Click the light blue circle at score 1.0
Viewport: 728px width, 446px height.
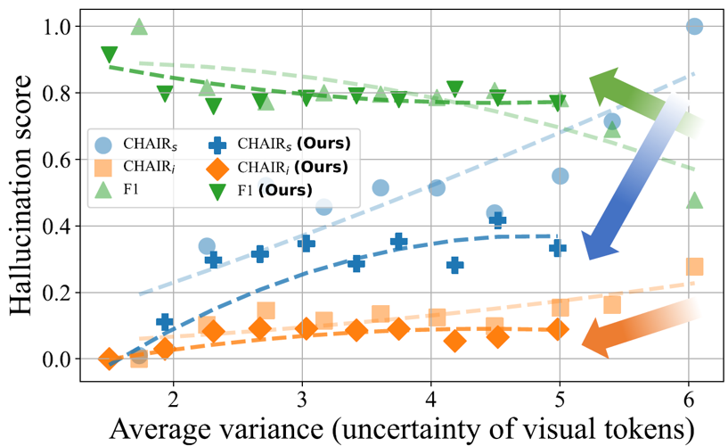pyautogui.click(x=694, y=27)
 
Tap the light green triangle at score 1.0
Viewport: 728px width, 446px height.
pyautogui.click(x=139, y=27)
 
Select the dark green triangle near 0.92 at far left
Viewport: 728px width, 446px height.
pyautogui.click(x=110, y=55)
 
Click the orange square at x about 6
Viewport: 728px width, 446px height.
pyautogui.click(x=694, y=267)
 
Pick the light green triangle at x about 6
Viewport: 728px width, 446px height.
pyautogui.click(x=694, y=200)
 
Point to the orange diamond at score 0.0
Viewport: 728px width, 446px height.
pyautogui.click(x=109, y=359)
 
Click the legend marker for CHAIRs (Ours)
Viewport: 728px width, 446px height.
pyautogui.click(x=217, y=143)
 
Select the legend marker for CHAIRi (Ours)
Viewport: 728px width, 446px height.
pyautogui.click(x=217, y=166)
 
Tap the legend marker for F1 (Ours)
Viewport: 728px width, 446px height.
pyautogui.click(x=217, y=189)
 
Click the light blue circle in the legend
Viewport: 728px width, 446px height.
pyautogui.click(x=103, y=143)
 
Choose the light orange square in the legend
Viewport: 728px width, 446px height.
pyautogui.click(x=103, y=166)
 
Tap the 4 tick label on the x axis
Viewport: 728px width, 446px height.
pyautogui.click(x=431, y=393)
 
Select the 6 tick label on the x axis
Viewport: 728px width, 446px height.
pyautogui.click(x=689, y=393)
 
